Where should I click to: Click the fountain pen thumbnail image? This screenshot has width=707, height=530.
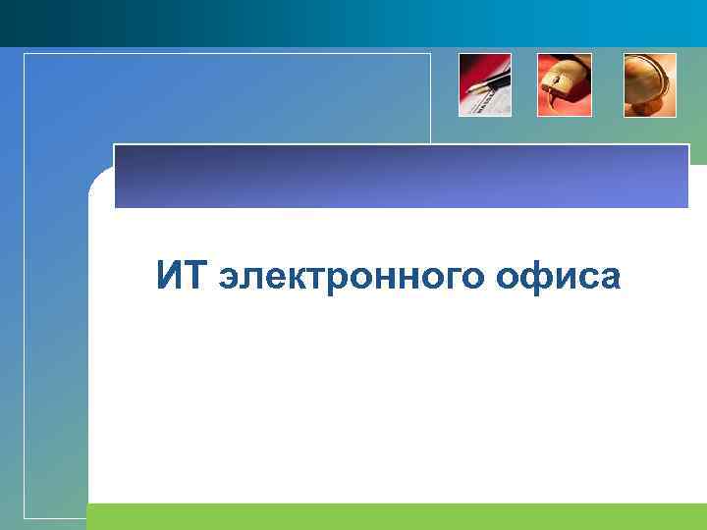(x=485, y=84)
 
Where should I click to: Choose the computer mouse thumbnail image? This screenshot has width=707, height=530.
(x=564, y=84)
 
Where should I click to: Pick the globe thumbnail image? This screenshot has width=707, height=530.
(x=650, y=84)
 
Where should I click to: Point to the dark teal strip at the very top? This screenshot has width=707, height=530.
(x=353, y=22)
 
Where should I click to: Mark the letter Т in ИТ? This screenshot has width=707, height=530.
(x=194, y=276)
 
